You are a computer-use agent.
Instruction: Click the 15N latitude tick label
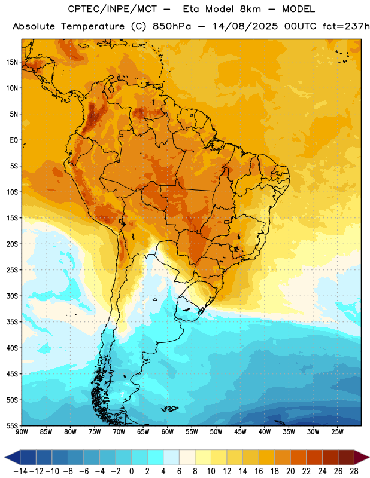coord(12,62)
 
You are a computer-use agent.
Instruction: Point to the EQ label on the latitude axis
coord(14,140)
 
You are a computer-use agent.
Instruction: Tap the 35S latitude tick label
coord(12,322)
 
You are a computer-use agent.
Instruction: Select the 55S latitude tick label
coord(12,425)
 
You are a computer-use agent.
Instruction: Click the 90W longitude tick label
coord(22,431)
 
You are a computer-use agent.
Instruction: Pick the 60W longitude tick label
coord(168,431)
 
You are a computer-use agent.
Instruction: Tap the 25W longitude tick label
coord(337,431)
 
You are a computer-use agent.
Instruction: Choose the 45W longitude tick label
coord(240,431)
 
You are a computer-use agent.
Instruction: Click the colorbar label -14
coord(20,471)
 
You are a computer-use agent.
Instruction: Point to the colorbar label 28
coord(354,471)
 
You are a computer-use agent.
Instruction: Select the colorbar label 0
coord(131,471)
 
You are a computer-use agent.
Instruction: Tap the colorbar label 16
coord(259,471)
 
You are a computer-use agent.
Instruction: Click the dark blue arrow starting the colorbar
coord(13,457)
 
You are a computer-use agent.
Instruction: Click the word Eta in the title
coord(191,9)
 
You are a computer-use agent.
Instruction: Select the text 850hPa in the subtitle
coord(172,26)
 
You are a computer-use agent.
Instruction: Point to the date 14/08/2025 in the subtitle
coord(245,26)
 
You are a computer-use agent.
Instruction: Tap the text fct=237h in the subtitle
coord(347,26)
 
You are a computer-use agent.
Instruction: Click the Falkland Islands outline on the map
coord(170,409)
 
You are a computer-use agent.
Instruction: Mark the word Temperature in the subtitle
coord(93,27)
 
